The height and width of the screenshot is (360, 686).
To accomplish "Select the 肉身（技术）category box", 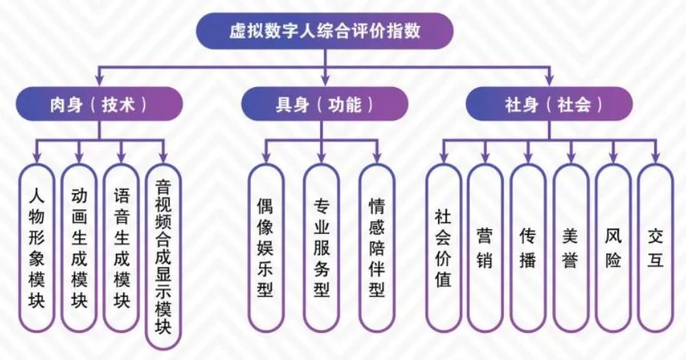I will tap(100, 104).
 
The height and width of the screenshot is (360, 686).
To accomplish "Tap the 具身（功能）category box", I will tap(325, 104).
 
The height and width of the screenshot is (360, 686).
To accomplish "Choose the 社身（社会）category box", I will tap(549, 104).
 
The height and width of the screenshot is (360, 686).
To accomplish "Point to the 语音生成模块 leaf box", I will tap(122, 248).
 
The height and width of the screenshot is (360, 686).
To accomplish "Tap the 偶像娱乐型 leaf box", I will tap(265, 248).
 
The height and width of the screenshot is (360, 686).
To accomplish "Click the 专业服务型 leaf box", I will tap(321, 248).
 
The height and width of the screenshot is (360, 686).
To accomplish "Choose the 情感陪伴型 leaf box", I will tap(377, 248).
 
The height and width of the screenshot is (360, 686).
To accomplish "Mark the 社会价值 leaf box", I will tap(443, 248).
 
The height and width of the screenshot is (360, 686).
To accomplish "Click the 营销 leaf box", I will tap(485, 248).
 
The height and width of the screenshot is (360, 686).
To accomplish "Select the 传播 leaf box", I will tap(527, 248).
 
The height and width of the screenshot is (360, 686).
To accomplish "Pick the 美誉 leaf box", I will tap(570, 248).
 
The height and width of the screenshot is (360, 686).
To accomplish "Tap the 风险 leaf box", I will tap(613, 248).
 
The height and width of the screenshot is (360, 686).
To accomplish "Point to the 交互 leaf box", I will tap(655, 248).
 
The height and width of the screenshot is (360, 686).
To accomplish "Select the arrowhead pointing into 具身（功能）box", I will tap(325, 82).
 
